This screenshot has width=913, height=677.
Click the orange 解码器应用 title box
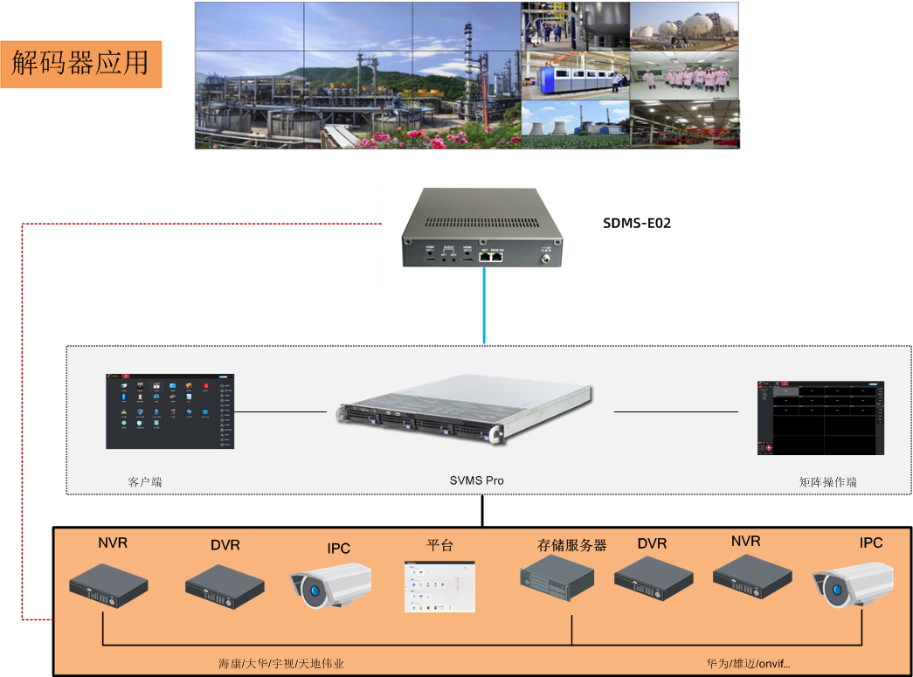point(81,63)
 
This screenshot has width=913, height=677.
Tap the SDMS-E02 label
point(637,223)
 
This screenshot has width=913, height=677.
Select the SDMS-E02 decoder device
point(483,228)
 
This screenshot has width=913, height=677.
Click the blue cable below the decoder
point(484,306)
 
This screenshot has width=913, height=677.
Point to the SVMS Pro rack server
point(466,412)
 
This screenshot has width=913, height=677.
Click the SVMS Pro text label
point(476,480)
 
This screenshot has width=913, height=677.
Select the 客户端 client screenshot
point(170,411)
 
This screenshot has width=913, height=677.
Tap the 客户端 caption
point(145,481)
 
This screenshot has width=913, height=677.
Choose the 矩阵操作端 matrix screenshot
point(820,418)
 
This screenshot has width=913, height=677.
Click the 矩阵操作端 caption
point(827,481)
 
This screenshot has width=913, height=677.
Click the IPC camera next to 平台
point(331,583)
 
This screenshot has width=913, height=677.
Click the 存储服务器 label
point(571,545)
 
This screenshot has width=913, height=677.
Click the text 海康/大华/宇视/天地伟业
point(281,664)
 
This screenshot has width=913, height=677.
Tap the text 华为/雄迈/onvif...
point(748,664)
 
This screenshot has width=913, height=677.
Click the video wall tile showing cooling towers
point(575,124)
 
